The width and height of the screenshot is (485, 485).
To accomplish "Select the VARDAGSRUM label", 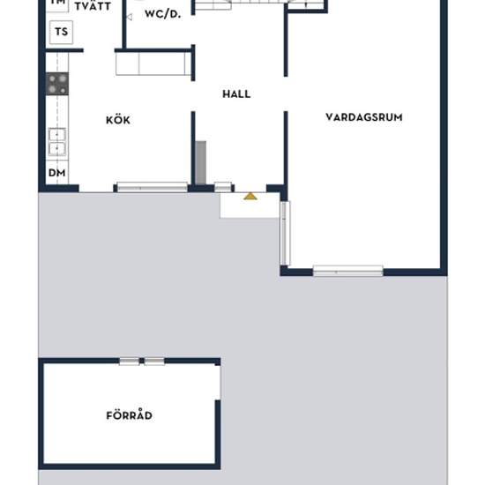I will click(x=364, y=116).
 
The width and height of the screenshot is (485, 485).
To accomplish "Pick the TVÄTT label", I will click(x=92, y=6).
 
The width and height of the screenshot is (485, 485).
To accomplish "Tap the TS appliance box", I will click(x=60, y=34).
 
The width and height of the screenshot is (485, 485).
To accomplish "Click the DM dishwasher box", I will click(x=56, y=173).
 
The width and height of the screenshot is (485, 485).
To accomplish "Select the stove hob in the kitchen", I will click(x=57, y=84).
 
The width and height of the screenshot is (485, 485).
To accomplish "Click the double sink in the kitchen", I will click(x=57, y=141).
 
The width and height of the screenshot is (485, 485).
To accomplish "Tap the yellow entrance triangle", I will click(x=250, y=196).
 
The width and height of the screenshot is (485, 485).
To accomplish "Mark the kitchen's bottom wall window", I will click(x=152, y=187).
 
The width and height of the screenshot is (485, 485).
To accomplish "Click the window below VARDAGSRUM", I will click(x=347, y=270).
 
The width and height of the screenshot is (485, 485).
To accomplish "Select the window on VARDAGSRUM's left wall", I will click(x=284, y=233).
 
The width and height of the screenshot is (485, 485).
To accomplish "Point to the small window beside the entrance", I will click(x=223, y=187).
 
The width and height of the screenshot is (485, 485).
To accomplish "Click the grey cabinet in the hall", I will click(x=200, y=163).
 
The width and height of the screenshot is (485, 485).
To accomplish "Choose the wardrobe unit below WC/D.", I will click(x=154, y=63).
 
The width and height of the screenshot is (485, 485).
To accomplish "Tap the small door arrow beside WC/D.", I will click(x=129, y=15).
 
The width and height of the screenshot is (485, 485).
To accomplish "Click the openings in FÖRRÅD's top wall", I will click(x=142, y=361).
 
